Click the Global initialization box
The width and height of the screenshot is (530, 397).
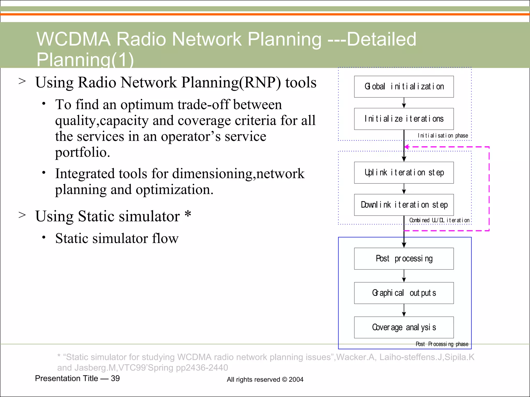[404, 87]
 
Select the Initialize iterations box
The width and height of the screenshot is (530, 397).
[404, 119]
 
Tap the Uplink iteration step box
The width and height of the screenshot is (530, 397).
[404, 173]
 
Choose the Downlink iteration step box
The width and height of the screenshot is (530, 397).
[404, 205]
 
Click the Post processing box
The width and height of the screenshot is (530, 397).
[404, 259]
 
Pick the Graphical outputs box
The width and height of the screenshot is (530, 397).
[404, 293]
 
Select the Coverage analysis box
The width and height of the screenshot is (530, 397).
[404, 327]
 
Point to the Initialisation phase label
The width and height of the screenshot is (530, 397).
[443, 136]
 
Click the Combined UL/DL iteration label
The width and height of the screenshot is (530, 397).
[439, 220]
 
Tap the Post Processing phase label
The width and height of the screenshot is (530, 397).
[442, 344]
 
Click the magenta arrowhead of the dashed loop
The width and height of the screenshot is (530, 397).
[407, 147]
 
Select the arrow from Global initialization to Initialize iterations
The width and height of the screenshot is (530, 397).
[404, 103]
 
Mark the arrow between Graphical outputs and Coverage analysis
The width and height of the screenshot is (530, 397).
[404, 310]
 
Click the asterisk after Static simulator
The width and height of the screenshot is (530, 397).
[188, 214]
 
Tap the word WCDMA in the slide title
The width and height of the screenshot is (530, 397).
[73, 39]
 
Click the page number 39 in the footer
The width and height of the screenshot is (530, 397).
[115, 378]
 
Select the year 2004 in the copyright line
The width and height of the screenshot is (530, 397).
[296, 380]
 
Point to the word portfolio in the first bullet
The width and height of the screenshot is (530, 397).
[82, 152]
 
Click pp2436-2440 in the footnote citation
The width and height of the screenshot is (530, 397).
[202, 368]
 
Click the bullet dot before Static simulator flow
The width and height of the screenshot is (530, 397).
[44, 237]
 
